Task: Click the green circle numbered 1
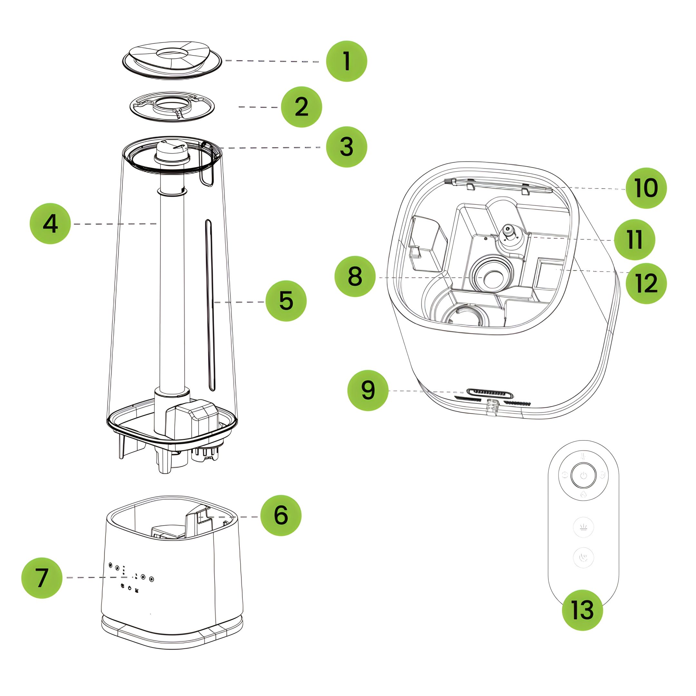point(346,61)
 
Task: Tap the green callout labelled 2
point(301,107)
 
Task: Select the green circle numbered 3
point(346,147)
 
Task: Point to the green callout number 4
point(50,224)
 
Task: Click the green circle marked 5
point(286,301)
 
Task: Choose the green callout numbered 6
point(281,515)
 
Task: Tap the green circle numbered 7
point(42,578)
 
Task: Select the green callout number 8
point(355,277)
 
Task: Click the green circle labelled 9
point(368,390)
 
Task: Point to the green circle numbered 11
point(635,239)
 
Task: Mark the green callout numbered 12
point(646,283)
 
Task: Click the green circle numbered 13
point(583,610)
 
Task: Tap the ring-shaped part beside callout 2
point(172,107)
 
